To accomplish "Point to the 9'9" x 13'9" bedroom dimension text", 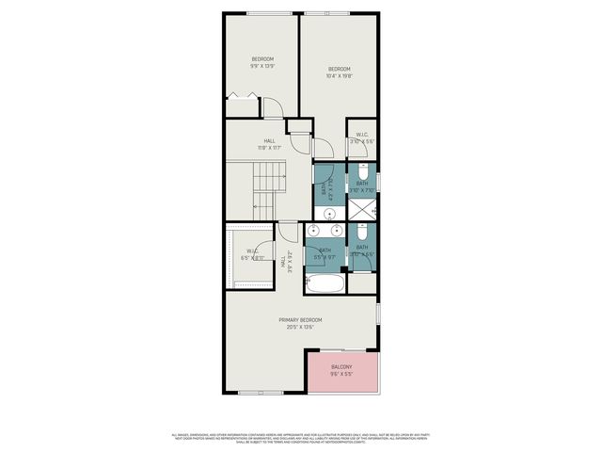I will [x=261, y=66].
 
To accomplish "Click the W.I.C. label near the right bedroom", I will [x=362, y=134].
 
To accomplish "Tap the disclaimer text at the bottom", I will [x=301, y=437].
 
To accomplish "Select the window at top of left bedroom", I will [x=261, y=12].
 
